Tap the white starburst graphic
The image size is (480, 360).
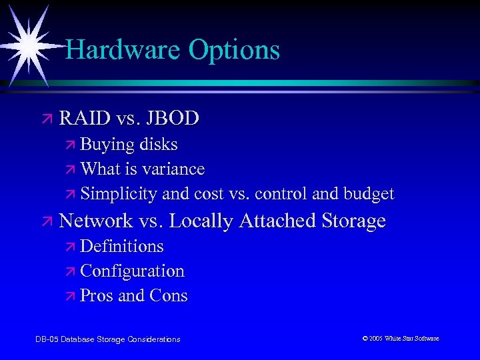click(x=28, y=41)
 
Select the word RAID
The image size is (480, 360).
click(x=84, y=119)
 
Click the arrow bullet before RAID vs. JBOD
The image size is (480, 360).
click(x=46, y=119)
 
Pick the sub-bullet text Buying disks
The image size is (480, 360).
click(x=129, y=145)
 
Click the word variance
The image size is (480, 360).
click(x=173, y=169)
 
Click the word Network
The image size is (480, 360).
click(x=96, y=221)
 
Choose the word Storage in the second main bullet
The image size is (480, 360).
click(x=353, y=221)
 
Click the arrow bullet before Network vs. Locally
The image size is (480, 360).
click(x=46, y=221)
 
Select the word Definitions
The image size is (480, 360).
click(x=121, y=246)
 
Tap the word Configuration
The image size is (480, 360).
click(x=132, y=271)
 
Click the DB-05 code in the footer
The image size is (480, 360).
click(x=46, y=339)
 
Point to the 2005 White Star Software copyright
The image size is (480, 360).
click(x=400, y=339)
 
